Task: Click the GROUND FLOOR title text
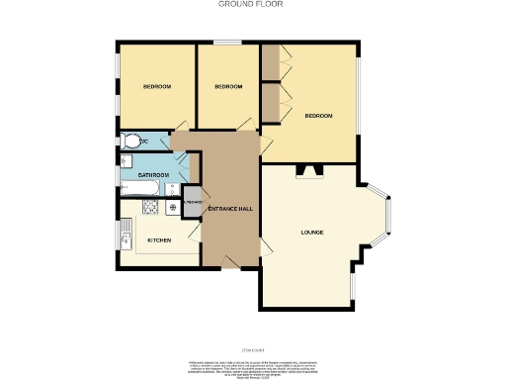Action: pos(252,5)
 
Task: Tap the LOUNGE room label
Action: pos(312,233)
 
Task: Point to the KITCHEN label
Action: pos(159,240)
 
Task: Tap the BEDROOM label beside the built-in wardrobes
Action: pos(318,117)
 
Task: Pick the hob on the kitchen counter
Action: pos(151,207)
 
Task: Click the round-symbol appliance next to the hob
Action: pos(172,207)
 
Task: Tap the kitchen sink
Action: pos(126,236)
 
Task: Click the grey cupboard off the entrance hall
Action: pos(192,204)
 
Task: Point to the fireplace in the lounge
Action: pos(311,171)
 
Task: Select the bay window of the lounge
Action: pos(387,217)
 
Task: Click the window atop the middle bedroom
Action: pos(227,44)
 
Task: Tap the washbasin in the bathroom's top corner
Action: pos(126,161)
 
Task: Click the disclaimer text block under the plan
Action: pos(253,365)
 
